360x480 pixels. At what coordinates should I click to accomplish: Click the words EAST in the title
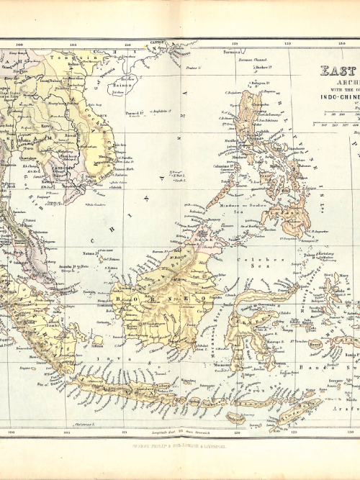pyautogui.click(x=338, y=71)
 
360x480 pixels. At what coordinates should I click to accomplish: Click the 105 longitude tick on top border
pyautogui.click(x=73, y=45)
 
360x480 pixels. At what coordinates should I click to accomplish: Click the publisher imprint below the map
pyautogui.click(x=180, y=445)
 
